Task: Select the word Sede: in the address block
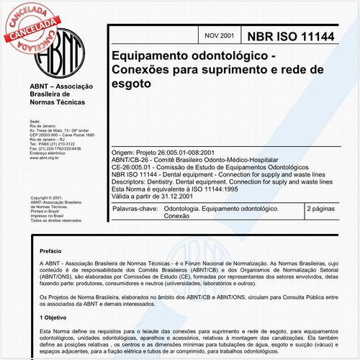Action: click(35, 120)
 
